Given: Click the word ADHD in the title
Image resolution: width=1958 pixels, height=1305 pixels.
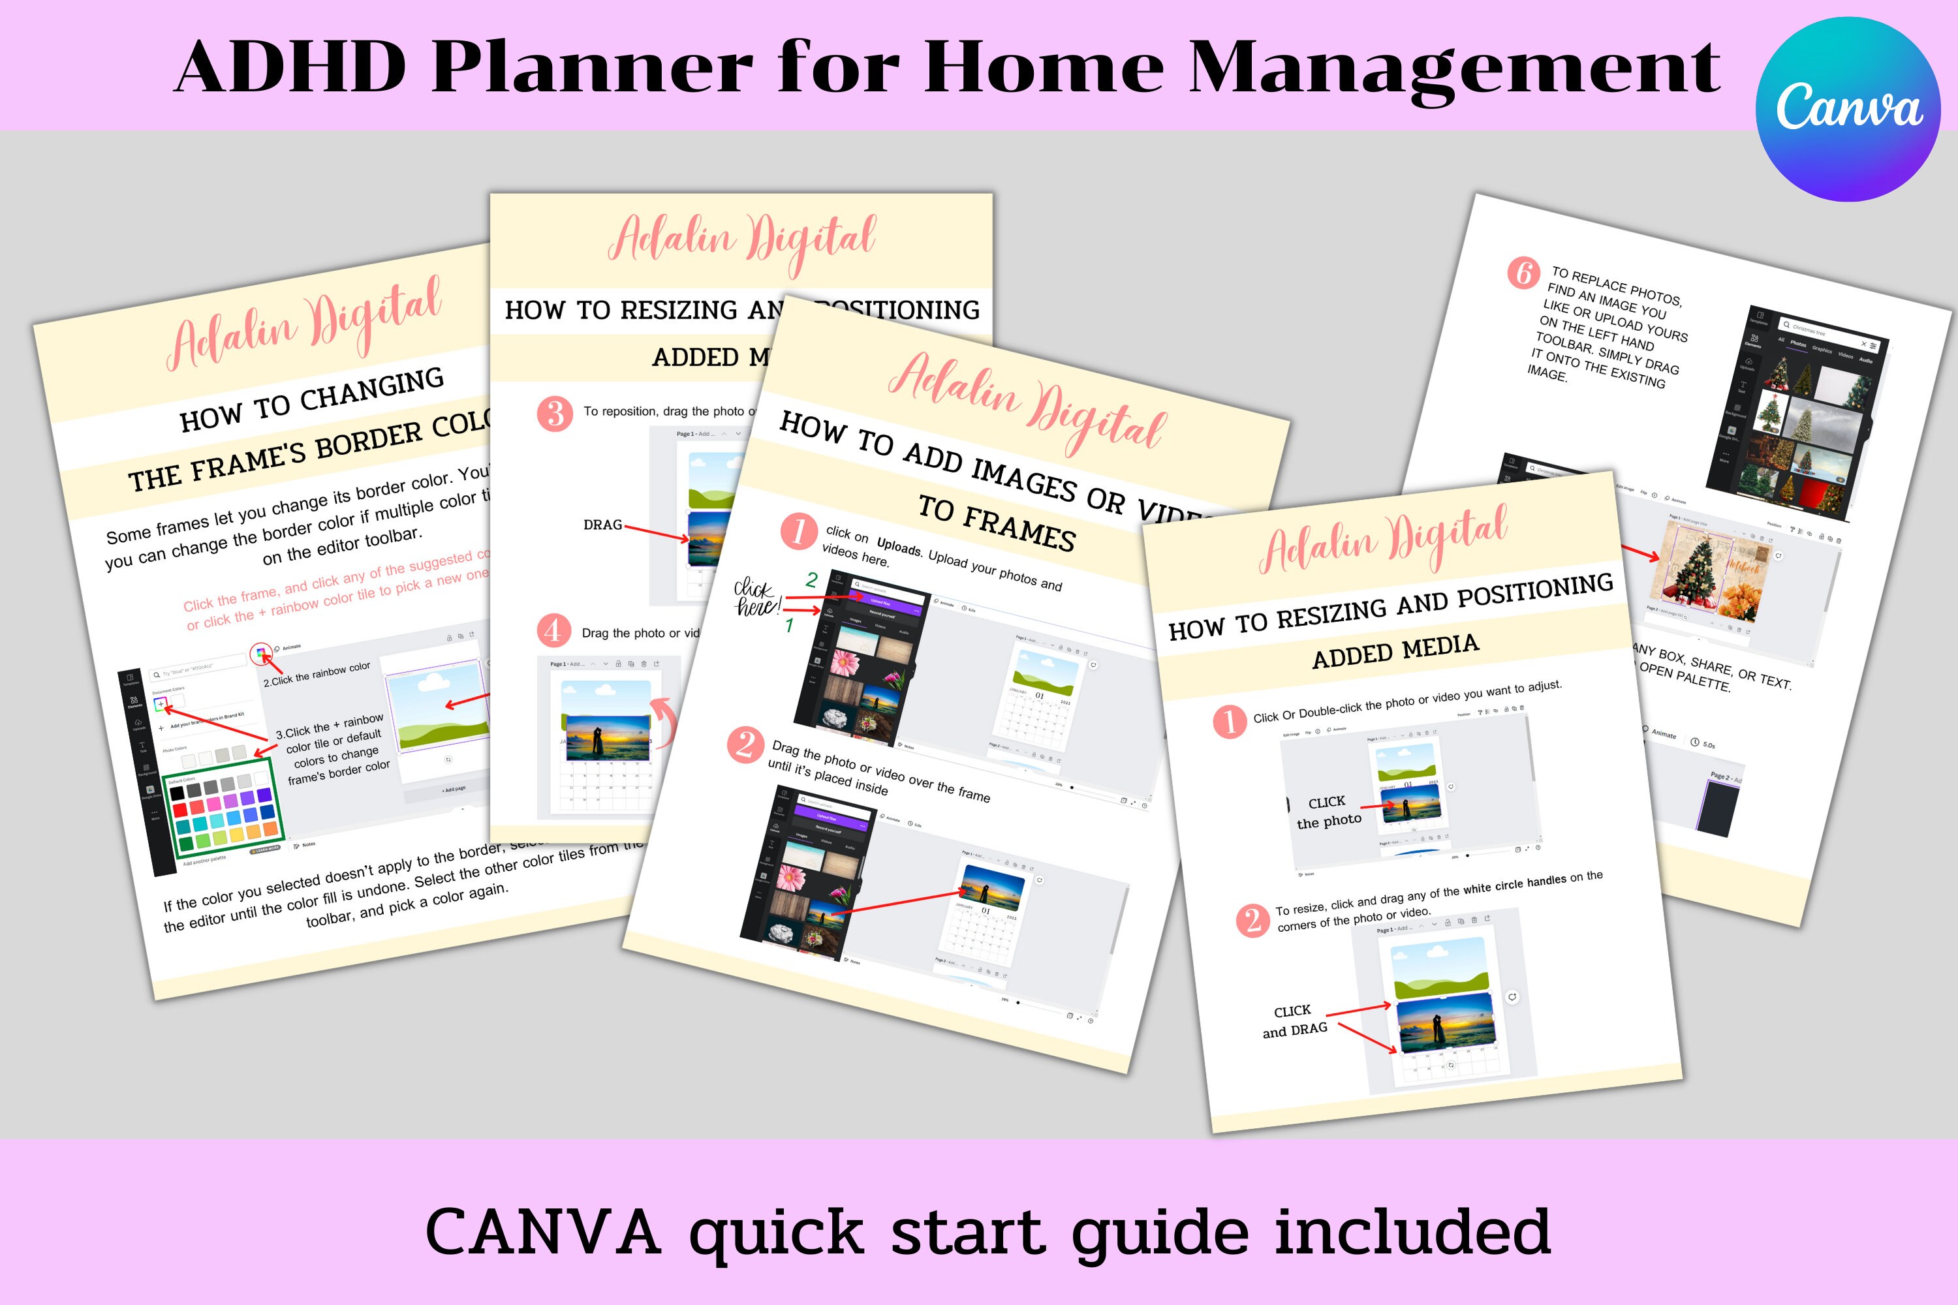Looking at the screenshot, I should click(290, 67).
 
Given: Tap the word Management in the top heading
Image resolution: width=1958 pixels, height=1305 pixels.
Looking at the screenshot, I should click(1453, 67).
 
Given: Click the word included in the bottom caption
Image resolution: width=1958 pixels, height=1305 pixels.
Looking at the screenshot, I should click(1412, 1232).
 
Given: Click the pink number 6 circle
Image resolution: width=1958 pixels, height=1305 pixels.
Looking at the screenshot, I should click(1523, 273).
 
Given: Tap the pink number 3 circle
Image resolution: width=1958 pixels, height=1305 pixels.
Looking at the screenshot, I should click(554, 414).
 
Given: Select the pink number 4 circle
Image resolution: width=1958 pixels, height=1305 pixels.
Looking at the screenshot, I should click(553, 631).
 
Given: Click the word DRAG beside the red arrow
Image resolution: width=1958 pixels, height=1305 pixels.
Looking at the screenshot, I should click(602, 525).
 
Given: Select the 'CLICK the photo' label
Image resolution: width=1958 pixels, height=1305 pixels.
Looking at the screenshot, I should click(1329, 812).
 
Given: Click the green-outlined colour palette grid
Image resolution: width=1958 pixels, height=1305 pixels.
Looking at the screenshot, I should click(224, 807).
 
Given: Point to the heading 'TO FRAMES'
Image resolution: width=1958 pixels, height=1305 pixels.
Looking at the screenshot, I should click(996, 522).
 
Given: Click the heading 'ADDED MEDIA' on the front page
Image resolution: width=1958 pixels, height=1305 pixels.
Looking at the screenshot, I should click(1395, 651).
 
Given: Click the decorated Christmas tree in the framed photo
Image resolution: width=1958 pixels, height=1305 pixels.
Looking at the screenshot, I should click(1695, 570).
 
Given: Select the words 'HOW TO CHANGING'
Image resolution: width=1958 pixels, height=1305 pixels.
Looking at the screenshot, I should click(312, 399).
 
